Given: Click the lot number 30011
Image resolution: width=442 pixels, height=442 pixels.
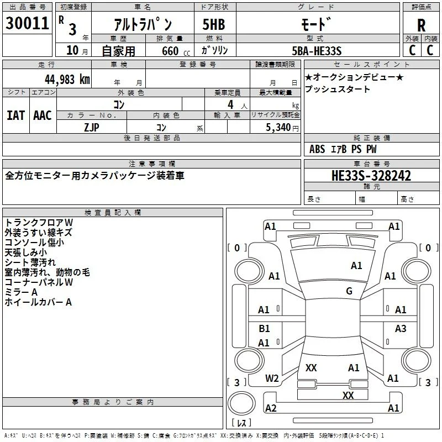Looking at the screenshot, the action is (x=27, y=23).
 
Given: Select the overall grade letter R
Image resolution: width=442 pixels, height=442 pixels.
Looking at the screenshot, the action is (x=421, y=25).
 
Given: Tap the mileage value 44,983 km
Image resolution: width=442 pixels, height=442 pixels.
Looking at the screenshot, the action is (x=67, y=80).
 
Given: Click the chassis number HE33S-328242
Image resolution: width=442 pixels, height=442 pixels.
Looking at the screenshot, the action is (x=371, y=176).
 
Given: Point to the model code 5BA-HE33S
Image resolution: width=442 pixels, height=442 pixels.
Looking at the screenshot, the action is (x=317, y=51).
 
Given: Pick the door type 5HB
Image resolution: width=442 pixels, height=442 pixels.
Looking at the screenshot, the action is (x=214, y=24).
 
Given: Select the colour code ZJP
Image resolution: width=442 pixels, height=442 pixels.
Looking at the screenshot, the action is (x=92, y=128).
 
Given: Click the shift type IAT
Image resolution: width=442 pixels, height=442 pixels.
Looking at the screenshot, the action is (x=16, y=115).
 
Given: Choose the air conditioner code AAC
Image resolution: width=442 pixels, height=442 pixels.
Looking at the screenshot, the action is (x=43, y=115).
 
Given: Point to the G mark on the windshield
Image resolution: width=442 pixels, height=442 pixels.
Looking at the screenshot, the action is (x=349, y=291).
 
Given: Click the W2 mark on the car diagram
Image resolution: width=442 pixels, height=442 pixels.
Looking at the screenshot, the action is (x=272, y=378).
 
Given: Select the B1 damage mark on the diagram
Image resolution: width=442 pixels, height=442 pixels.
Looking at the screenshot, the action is (x=264, y=328).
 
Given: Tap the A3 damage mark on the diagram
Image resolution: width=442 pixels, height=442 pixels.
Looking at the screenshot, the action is (x=401, y=328).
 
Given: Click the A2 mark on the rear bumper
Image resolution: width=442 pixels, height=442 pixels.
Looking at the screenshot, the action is (x=271, y=408).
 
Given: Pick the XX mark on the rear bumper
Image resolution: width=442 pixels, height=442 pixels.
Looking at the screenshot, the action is (x=348, y=395).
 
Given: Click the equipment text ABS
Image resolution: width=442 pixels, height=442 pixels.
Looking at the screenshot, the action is (x=317, y=149).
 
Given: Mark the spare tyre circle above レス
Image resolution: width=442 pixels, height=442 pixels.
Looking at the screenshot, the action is (x=241, y=403).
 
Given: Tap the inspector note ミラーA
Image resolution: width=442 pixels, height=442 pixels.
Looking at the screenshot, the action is (x=21, y=292).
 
